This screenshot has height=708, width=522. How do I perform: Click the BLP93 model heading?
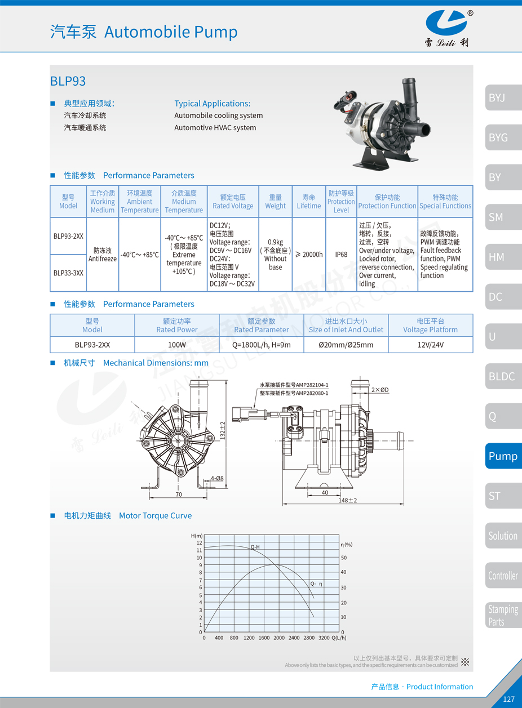click(68, 81)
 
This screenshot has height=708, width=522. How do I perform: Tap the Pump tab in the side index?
click(503, 456)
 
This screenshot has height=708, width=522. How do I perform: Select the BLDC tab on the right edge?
click(501, 376)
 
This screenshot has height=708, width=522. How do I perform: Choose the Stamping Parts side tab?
click(503, 615)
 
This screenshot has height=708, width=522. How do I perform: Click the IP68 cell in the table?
click(341, 255)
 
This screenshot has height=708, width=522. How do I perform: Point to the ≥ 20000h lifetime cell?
click(308, 255)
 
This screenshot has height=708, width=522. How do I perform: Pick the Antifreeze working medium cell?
click(103, 255)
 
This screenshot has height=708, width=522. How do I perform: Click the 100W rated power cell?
click(176, 345)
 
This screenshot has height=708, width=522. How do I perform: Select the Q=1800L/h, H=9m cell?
click(262, 345)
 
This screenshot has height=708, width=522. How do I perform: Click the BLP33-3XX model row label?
click(68, 273)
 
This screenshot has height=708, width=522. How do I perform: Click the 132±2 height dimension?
click(223, 431)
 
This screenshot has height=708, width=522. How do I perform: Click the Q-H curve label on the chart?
click(255, 547)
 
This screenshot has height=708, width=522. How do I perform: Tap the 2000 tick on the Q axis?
click(278, 638)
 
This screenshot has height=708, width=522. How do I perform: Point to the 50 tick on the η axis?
click(344, 558)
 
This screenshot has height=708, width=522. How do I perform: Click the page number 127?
click(508, 699)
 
